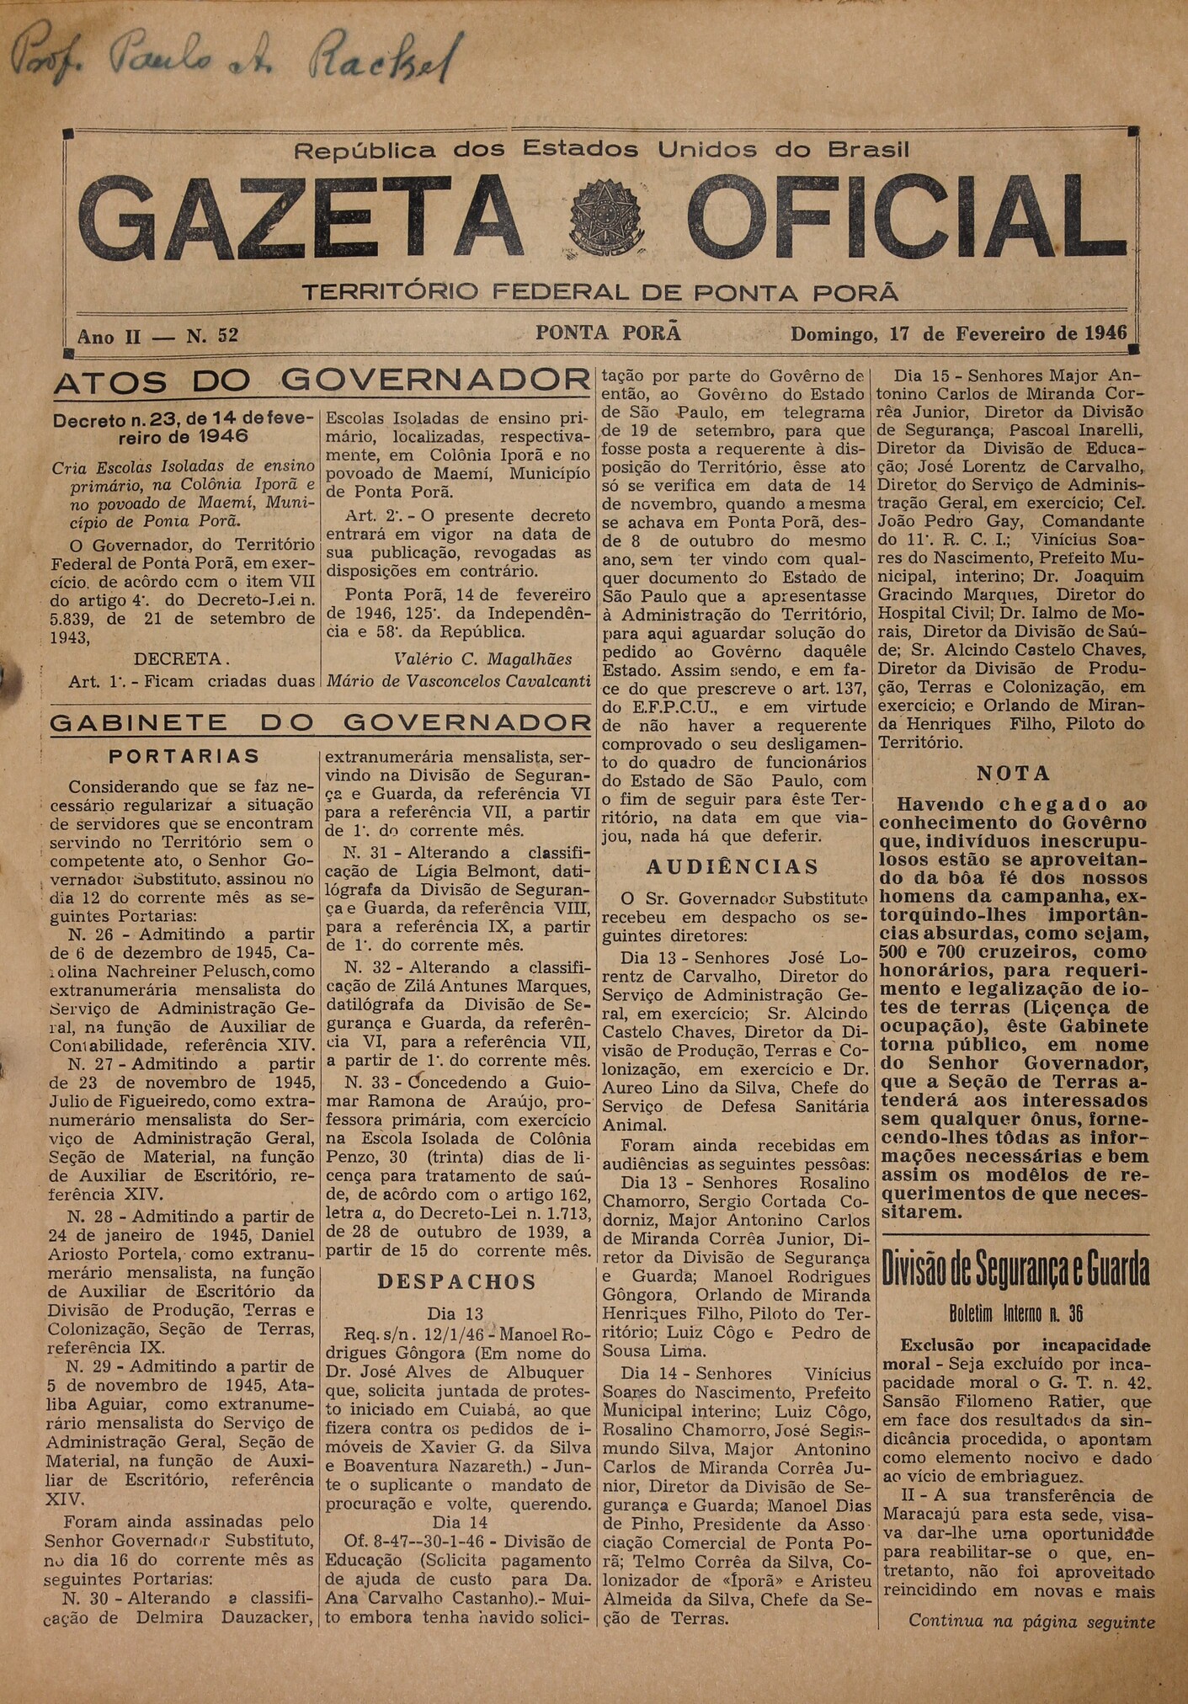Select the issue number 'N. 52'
(212, 336)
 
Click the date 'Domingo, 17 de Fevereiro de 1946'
(958, 333)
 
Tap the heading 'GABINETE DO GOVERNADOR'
(320, 722)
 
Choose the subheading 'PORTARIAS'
(184, 756)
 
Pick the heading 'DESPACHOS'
(456, 1282)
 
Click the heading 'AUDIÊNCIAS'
(732, 867)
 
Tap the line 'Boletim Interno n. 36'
(1015, 1313)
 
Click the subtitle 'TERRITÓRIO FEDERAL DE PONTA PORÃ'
(600, 293)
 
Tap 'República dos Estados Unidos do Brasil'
(600, 151)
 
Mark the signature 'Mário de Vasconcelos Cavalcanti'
(457, 681)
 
